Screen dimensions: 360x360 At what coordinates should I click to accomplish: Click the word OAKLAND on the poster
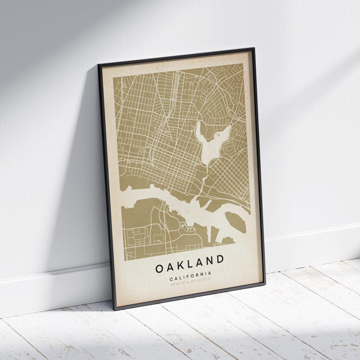(x=190, y=261)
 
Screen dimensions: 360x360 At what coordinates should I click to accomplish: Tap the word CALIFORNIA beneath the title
(x=190, y=274)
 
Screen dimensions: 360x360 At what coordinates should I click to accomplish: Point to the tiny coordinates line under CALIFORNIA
(x=190, y=280)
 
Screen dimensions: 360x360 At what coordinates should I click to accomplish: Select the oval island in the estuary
(x=236, y=223)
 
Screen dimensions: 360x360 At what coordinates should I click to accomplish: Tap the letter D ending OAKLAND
(x=220, y=259)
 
